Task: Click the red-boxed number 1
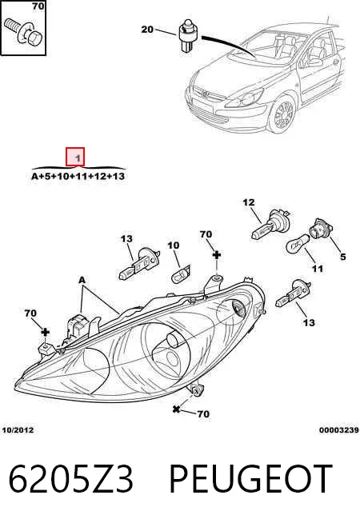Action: pyautogui.click(x=75, y=157)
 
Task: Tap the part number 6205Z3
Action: pyautogui.click(x=70, y=479)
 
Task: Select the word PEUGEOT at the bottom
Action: pyautogui.click(x=250, y=479)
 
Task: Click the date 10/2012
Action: pyautogui.click(x=18, y=430)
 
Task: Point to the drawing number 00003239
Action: pyautogui.click(x=338, y=430)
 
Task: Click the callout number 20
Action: pyautogui.click(x=147, y=30)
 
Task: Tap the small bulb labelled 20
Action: pyautogui.click(x=188, y=36)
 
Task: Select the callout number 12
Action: pyautogui.click(x=249, y=202)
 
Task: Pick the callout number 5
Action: pyautogui.click(x=342, y=257)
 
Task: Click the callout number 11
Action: pyautogui.click(x=318, y=269)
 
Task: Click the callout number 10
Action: pyautogui.click(x=173, y=246)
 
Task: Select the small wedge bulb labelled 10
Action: pyautogui.click(x=181, y=273)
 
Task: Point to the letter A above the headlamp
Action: pyautogui.click(x=82, y=280)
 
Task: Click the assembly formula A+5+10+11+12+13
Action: pyautogui.click(x=78, y=176)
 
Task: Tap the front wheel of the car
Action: pyautogui.click(x=282, y=114)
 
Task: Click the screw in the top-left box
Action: pyautogui.click(x=22, y=32)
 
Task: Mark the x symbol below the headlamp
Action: pyautogui.click(x=176, y=409)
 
